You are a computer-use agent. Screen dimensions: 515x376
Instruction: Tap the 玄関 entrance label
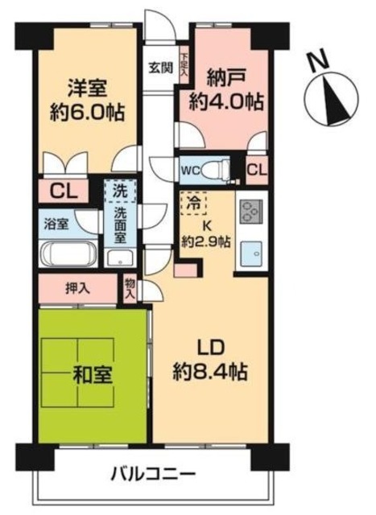click(158, 68)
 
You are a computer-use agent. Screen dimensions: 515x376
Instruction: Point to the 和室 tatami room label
click(93, 374)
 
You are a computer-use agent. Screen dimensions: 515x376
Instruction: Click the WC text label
click(191, 171)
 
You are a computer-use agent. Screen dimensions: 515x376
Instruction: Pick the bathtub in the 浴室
click(68, 256)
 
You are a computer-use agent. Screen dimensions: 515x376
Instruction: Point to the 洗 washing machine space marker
click(118, 192)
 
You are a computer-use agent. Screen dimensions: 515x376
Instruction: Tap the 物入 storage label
click(130, 287)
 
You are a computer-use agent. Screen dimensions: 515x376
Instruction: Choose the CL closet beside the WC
click(257, 169)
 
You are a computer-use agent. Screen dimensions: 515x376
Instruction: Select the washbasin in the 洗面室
click(119, 257)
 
